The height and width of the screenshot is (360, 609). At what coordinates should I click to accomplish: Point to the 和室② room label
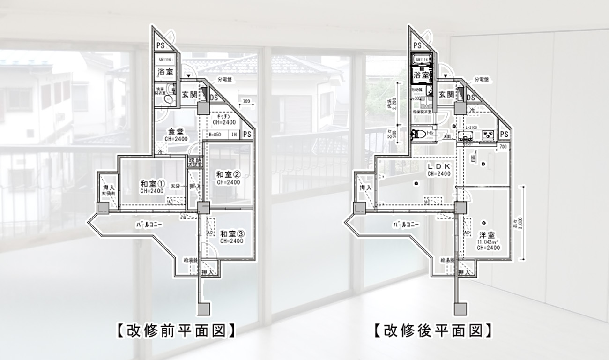coord(228,174)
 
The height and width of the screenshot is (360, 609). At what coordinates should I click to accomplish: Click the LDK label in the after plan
coord(439,166)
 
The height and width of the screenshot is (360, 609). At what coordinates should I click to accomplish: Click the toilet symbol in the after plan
coord(418,135)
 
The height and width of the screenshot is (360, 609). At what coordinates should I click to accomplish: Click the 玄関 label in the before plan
coord(189,94)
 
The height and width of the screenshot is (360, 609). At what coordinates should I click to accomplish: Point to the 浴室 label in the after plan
coord(421,75)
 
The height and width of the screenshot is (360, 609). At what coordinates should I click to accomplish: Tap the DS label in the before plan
coord(214,97)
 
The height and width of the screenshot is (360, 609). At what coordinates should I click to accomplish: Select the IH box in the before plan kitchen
coord(234,135)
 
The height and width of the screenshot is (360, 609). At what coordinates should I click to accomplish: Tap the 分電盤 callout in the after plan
coord(482,80)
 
